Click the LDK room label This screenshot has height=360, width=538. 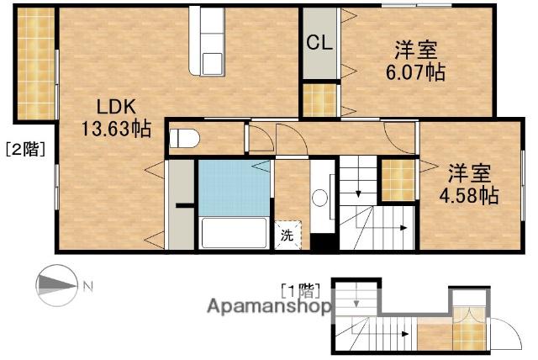click(113, 108)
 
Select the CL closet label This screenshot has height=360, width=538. click(318, 43)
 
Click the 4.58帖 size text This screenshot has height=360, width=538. click(472, 195)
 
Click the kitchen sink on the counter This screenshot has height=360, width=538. click(210, 61)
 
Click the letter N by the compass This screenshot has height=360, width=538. click(88, 289)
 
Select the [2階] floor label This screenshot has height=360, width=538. click(25, 151)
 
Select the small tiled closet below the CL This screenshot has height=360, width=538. click(319, 100)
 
